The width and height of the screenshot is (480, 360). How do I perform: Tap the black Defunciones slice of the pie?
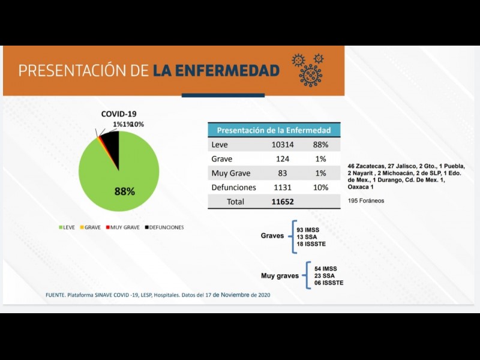coord(110,142)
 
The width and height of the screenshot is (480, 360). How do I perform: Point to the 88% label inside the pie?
coord(124,192)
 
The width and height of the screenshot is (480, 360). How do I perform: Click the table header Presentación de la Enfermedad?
coord(274,130)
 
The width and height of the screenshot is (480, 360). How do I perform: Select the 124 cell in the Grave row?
coord(283,159)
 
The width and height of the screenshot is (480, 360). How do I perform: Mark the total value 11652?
coord(283,202)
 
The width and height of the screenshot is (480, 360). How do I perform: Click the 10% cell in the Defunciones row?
coord(320,187)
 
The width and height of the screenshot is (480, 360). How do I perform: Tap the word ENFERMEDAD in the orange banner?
coord(216,71)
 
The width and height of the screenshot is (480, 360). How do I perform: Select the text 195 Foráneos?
coord(366,200)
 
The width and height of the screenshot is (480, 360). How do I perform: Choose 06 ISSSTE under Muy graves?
coord(328,282)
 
